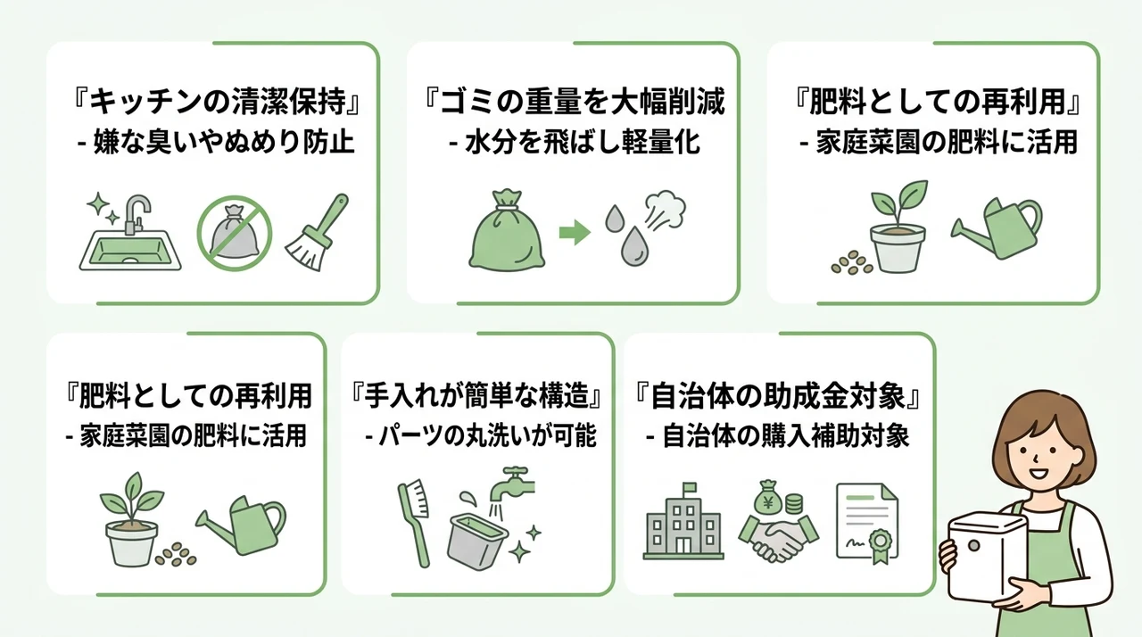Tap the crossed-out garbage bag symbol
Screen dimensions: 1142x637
tap(235, 233)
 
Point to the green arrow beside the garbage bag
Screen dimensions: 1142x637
tap(575, 232)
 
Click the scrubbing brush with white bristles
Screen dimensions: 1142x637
tap(414, 522)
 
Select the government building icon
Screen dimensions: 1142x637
tap(683, 521)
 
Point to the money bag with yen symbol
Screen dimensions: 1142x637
tap(768, 497)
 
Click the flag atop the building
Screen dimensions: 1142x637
tap(690, 487)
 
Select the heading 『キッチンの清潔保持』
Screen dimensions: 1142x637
tap(217, 102)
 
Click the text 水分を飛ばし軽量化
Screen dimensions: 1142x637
tap(583, 142)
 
